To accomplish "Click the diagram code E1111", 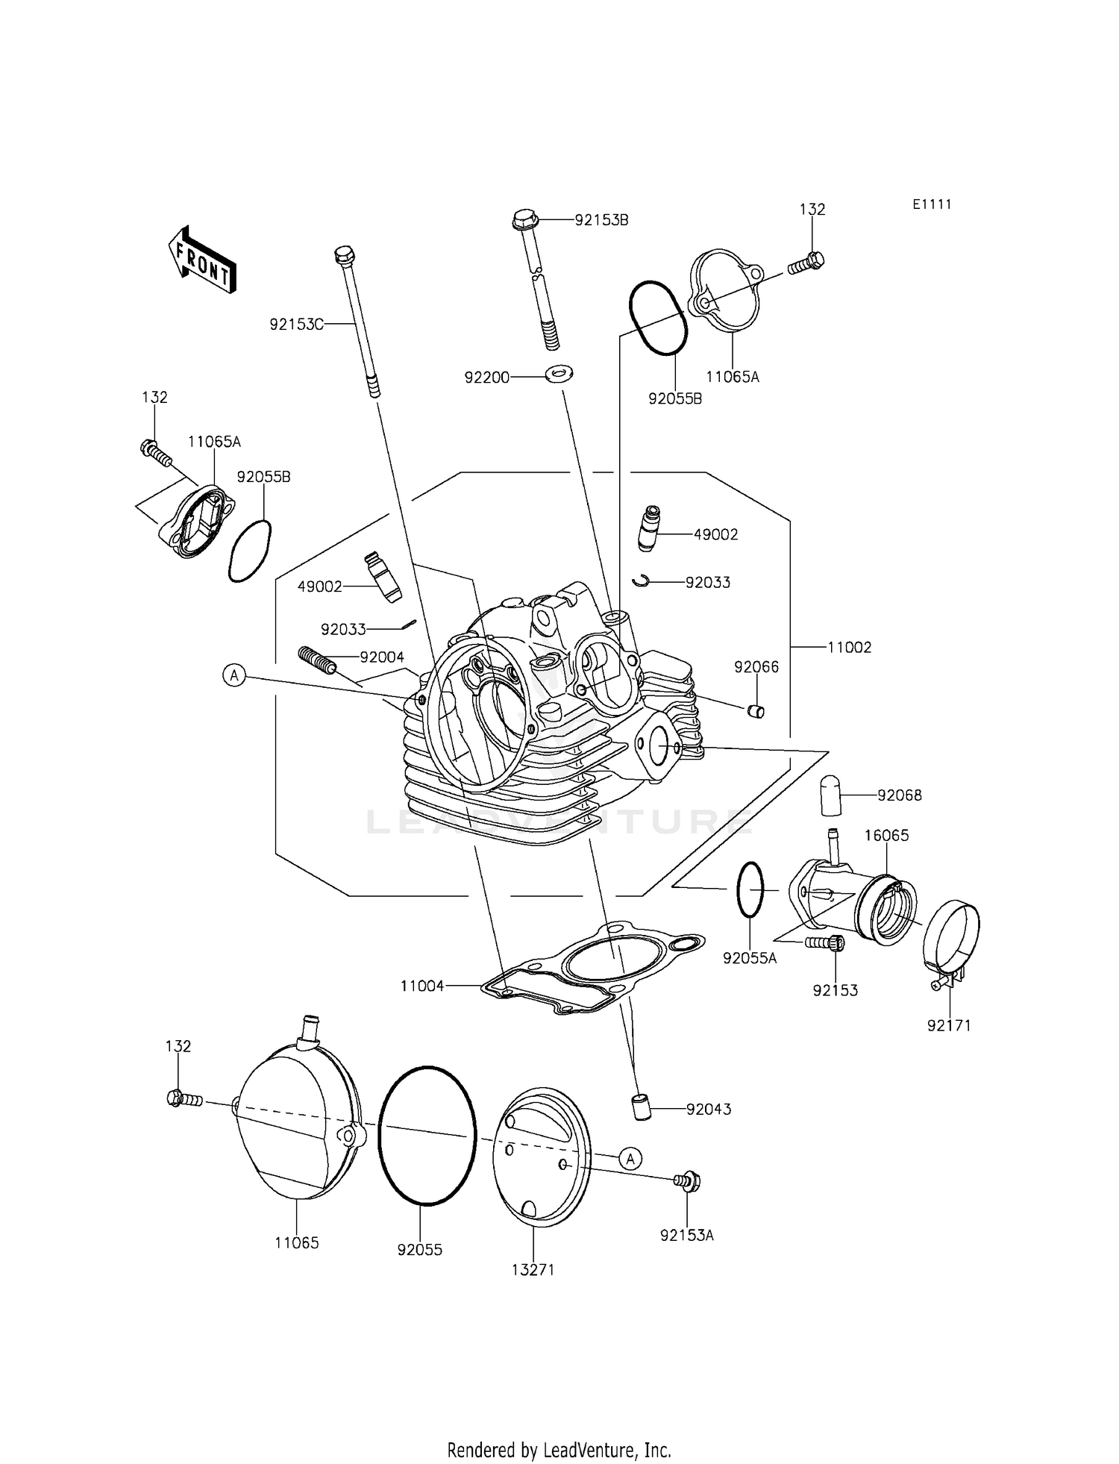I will coord(931,204).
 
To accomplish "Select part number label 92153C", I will coord(297,324).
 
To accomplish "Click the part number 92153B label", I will coord(601,220).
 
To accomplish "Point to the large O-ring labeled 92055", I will coord(427,1135).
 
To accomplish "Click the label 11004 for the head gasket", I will coord(422,986).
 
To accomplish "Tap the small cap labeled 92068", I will coord(830,796).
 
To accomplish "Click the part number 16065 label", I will coord(886,835).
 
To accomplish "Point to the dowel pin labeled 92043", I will coord(640,1108).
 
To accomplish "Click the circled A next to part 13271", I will coord(630,1158).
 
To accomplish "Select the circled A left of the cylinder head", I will coord(234,676).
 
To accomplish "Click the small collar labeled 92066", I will coord(756,711).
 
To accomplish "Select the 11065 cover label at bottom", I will coord(297,1242).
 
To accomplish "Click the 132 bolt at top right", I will coord(808,260).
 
